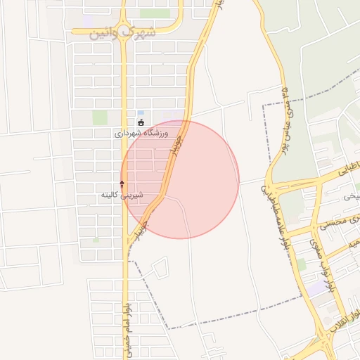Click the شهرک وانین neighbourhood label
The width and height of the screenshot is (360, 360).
(124, 32)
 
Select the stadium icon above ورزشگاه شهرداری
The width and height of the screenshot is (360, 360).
(141, 122)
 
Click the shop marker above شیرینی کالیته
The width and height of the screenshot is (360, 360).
(122, 184)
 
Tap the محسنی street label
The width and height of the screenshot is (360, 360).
(333, 224)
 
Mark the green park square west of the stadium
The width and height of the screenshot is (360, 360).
(101, 117)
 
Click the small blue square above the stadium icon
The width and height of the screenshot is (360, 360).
(141, 112)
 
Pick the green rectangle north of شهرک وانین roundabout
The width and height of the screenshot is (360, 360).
(154, 13)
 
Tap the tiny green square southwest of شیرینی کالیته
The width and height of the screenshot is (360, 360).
(96, 240)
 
